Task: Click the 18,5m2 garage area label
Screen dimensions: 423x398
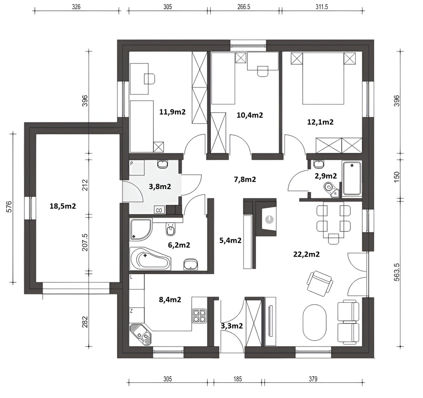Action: tap(63, 206)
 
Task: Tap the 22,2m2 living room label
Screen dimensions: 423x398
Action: tap(306, 254)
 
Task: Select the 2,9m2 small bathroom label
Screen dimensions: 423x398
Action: tap(326, 176)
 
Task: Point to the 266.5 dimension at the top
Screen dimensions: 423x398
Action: tap(243, 7)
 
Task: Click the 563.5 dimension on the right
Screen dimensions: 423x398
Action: tap(396, 272)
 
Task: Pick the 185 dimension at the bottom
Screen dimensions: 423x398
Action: tap(237, 379)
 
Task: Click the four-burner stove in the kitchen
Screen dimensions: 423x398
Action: tap(199, 316)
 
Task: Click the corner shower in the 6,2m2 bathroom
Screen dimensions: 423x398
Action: tap(140, 229)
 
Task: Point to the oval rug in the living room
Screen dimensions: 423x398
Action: tap(315, 323)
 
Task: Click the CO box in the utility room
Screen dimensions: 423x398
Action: tap(159, 210)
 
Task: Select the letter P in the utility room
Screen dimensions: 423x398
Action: tap(131, 164)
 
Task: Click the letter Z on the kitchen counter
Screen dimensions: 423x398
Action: tap(131, 311)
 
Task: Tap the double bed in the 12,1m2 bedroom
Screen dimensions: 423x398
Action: tap(323, 78)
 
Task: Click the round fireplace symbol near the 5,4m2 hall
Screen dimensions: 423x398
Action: tap(269, 219)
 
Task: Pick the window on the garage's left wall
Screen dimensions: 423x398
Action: tap(30, 208)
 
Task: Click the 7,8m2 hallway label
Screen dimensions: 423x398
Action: tap(245, 180)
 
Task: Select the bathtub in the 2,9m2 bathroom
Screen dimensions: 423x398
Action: tap(352, 178)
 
